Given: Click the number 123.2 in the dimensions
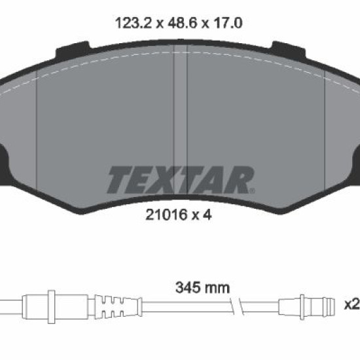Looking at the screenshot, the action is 134,23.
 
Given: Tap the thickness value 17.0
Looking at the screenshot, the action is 228,23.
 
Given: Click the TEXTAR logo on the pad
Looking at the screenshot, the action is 181,180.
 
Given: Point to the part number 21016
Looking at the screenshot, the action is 166,215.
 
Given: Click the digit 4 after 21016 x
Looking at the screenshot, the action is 207,215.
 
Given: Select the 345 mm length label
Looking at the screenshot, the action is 202,288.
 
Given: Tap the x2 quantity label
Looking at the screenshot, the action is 352,304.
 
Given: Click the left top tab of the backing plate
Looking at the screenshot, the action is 73,50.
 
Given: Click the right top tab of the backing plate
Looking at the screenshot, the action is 289,50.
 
